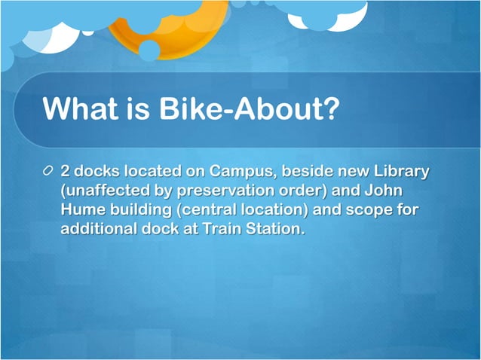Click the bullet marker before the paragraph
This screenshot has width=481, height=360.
[49, 172]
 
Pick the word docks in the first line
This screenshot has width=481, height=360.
[100, 172]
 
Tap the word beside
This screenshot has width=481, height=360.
[311, 172]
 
